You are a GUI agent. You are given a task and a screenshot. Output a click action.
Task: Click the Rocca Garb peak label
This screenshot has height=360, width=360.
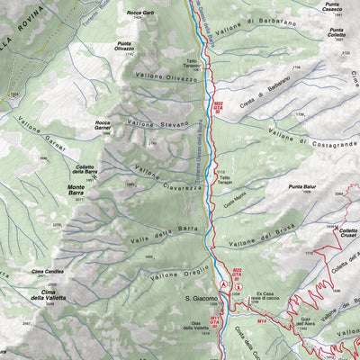click(136, 13)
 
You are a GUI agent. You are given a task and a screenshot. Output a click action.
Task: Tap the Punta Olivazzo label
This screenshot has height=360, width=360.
click(134, 46)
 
